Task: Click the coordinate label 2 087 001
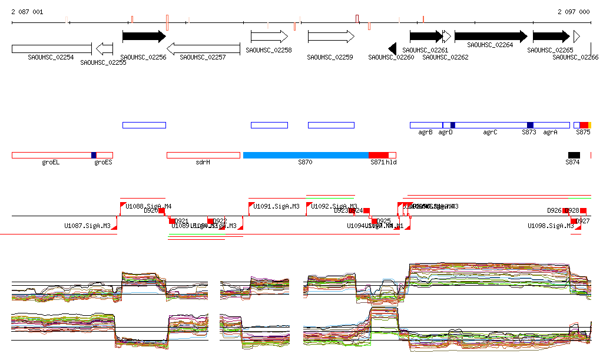pos(27,12)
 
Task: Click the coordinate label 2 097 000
pos(573,12)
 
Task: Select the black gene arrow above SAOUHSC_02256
pos(144,37)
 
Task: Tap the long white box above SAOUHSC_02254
pos(51,48)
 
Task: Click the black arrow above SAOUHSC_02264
pos(491,37)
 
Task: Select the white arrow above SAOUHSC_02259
pos(330,37)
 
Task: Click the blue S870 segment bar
pos(306,155)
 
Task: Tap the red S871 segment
pos(378,155)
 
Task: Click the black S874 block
pos(574,155)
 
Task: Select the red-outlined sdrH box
pos(203,155)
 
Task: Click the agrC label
pos(490,133)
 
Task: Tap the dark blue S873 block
pos(530,125)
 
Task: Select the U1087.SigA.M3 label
pos(87,226)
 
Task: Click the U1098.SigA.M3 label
pos(551,226)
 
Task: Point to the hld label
pos(391,162)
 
